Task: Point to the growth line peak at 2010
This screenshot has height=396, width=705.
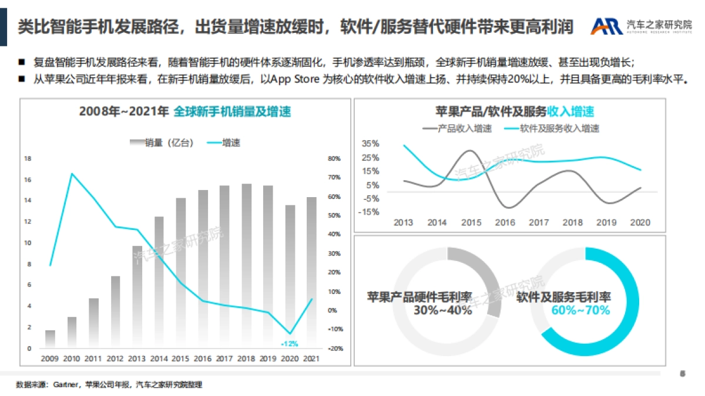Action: point(72,174)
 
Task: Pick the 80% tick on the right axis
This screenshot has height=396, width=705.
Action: point(334,158)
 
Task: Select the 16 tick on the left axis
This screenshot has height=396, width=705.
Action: point(27,180)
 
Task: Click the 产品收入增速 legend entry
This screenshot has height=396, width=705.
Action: point(456,128)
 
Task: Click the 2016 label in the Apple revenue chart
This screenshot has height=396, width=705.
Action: point(505,222)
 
